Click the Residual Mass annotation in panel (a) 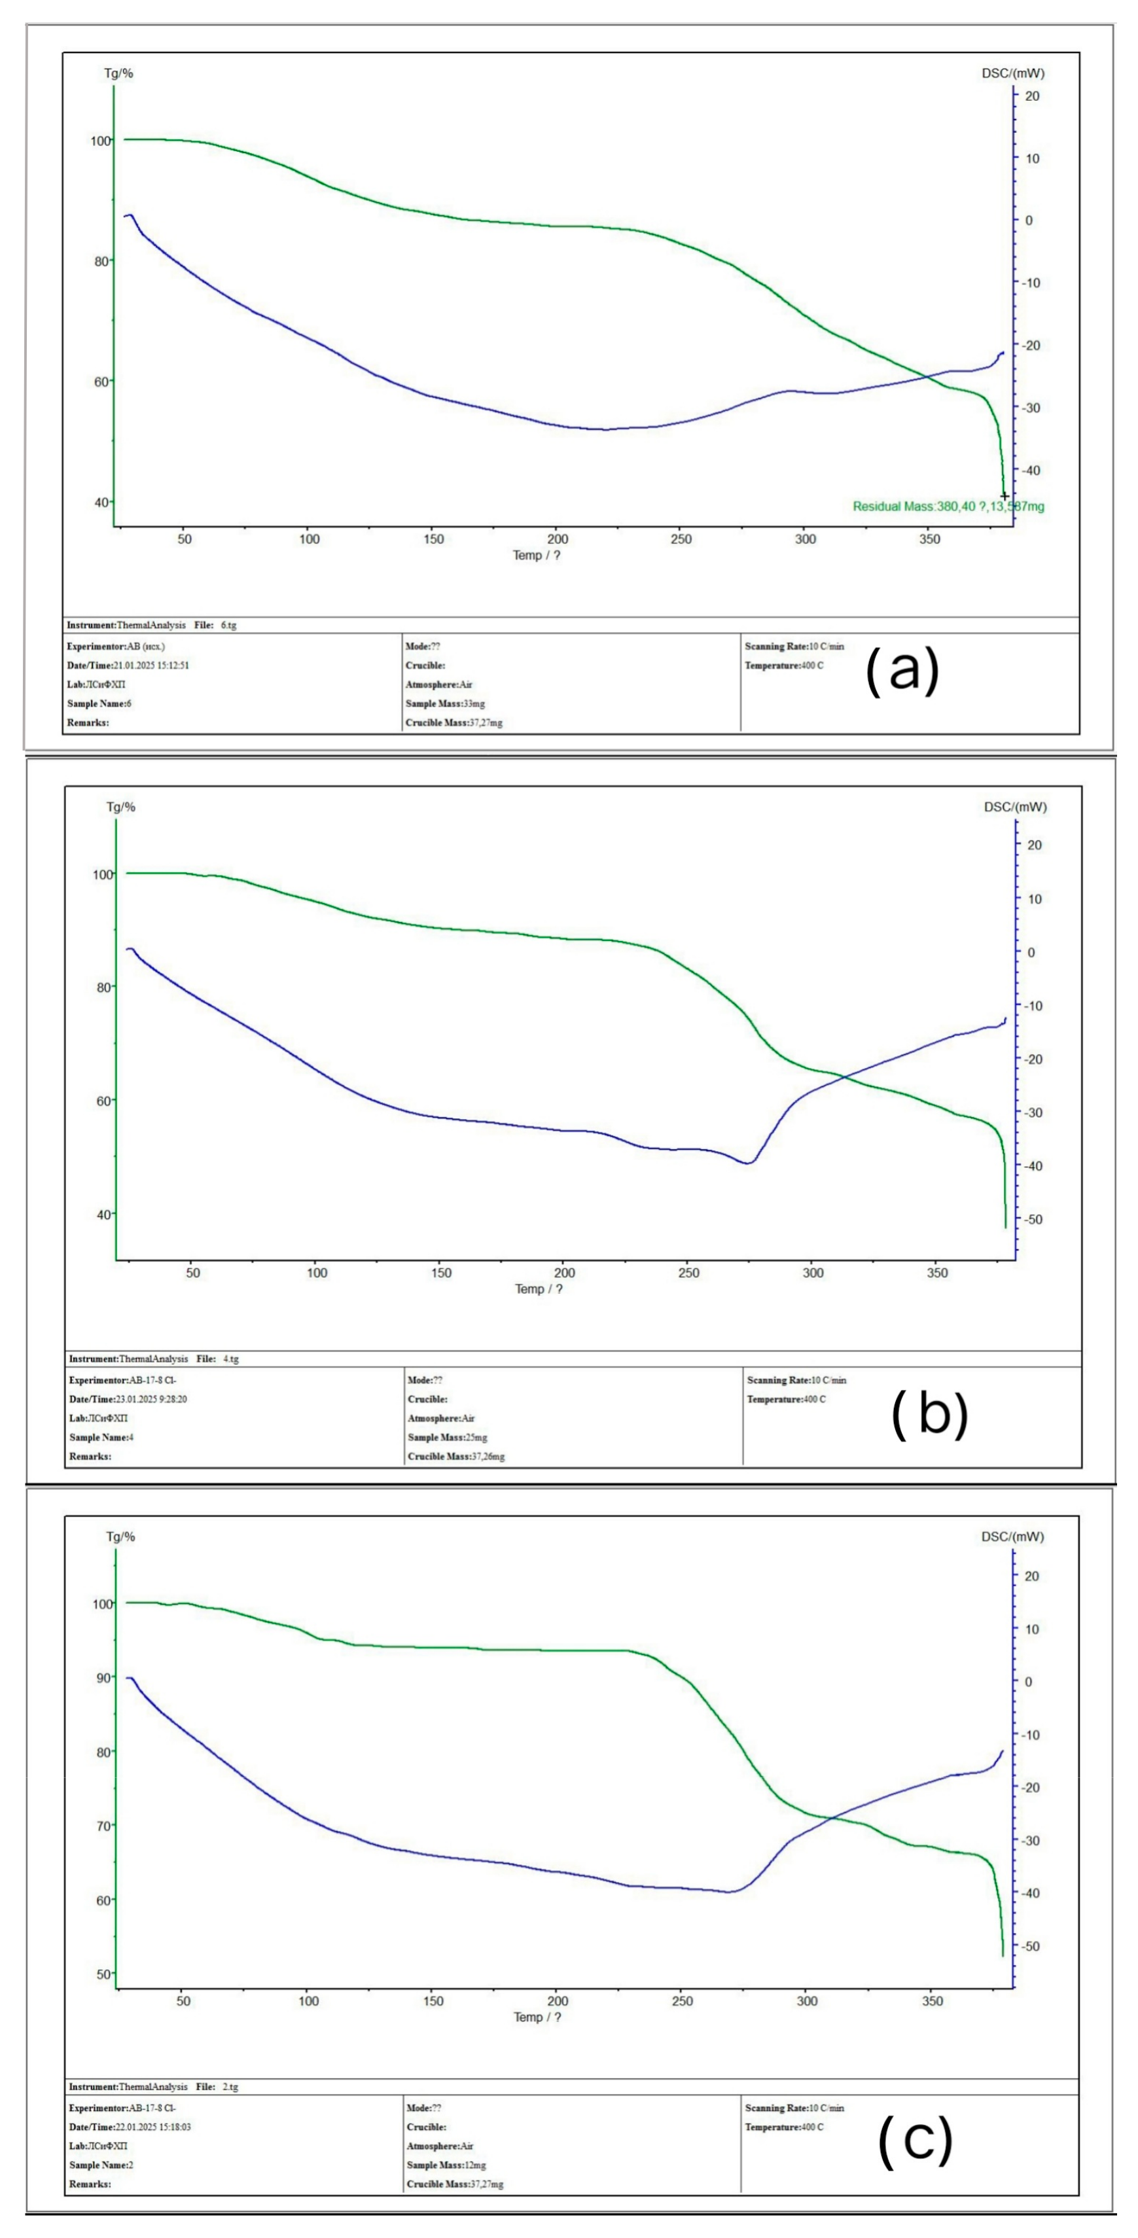(x=948, y=506)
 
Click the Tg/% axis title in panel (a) (x=119, y=73)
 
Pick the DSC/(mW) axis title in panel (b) (x=1014, y=807)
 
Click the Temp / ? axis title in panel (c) (x=538, y=2016)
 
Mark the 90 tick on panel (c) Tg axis (x=103, y=1678)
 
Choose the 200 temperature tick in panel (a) (x=558, y=539)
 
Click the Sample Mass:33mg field (x=445, y=703)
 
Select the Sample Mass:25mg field (x=448, y=1438)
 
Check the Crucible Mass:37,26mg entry (x=456, y=1457)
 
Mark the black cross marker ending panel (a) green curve (x=1005, y=496)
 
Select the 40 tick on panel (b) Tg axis (x=103, y=1215)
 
